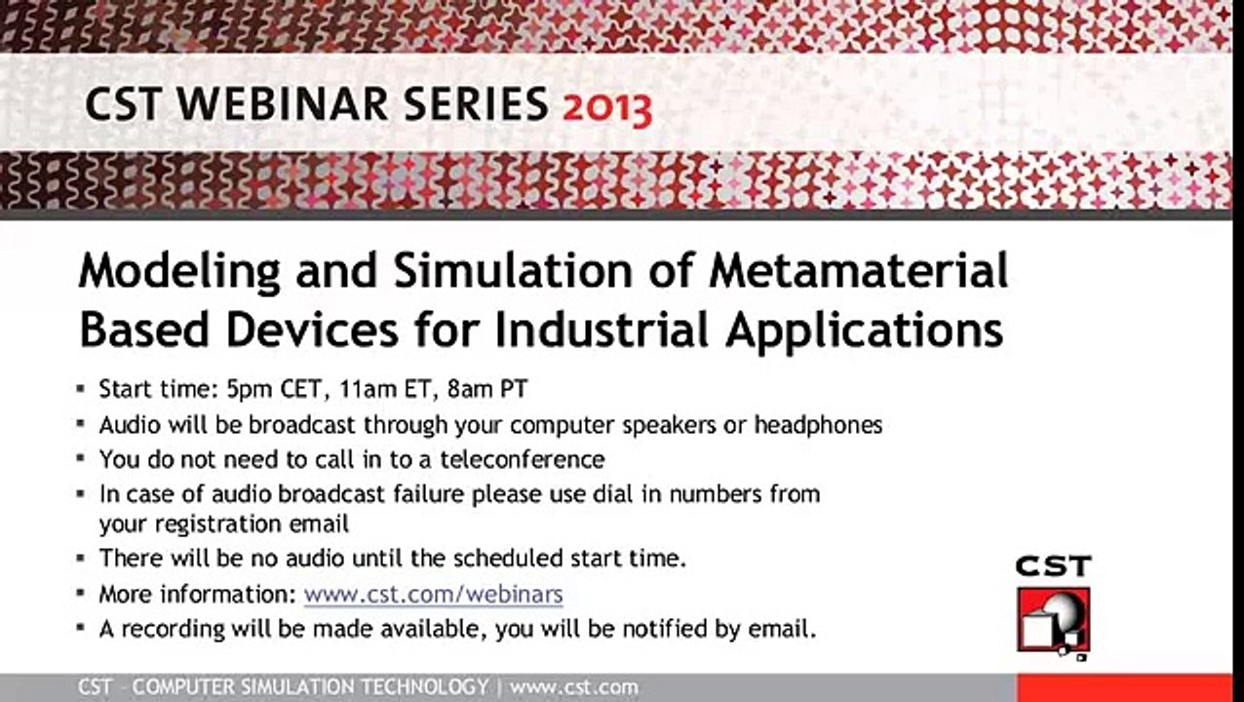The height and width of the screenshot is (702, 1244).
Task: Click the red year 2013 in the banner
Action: click(607, 108)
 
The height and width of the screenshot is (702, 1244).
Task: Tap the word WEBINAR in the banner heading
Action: click(283, 104)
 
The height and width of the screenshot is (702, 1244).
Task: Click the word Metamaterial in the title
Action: click(859, 270)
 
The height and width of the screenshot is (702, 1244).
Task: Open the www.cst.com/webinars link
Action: click(433, 594)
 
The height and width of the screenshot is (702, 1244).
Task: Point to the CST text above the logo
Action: click(1054, 566)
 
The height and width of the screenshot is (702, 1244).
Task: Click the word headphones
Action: click(818, 425)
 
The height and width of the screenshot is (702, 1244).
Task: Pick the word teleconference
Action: click(522, 459)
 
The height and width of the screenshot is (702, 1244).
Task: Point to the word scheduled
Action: click(508, 558)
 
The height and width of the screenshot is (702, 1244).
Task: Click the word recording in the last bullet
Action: click(173, 630)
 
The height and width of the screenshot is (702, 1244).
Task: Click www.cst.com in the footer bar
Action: click(574, 687)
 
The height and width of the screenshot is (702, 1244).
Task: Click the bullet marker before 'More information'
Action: click(81, 593)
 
